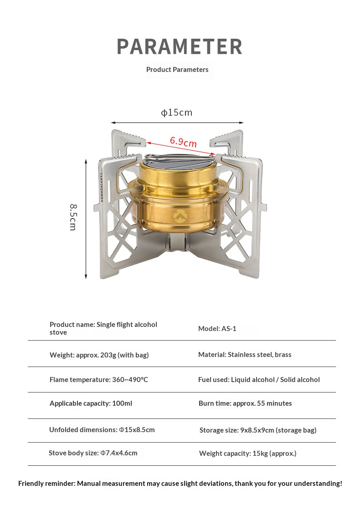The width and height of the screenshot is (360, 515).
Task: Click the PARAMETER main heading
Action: tap(180, 46)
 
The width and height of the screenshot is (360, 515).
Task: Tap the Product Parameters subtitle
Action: tap(177, 70)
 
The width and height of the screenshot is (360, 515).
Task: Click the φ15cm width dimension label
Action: tap(176, 112)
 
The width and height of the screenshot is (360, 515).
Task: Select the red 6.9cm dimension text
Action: tap(183, 142)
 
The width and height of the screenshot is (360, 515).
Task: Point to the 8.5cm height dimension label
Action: tap(73, 217)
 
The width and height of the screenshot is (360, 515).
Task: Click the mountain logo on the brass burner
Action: tap(180, 216)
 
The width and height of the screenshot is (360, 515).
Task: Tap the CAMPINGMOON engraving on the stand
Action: tap(101, 187)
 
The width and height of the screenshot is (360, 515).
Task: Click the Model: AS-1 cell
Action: tap(217, 328)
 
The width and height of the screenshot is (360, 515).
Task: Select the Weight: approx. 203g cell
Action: tap(99, 355)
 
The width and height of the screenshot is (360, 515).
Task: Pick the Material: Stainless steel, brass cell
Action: tap(245, 354)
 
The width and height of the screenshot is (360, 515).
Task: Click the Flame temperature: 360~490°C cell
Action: tap(98, 380)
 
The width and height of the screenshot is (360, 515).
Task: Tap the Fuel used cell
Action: tap(259, 380)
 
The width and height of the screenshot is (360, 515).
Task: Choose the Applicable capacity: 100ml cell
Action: tap(91, 403)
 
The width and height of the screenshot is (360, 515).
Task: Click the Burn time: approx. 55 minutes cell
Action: tap(245, 403)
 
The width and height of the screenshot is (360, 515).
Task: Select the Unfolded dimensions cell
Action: tap(102, 429)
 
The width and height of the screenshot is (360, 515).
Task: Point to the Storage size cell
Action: tap(258, 430)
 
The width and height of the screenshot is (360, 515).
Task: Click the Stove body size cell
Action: tap(93, 453)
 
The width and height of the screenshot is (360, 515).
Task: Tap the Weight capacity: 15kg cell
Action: tap(247, 453)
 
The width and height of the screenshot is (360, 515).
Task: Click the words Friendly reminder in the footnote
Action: tap(46, 484)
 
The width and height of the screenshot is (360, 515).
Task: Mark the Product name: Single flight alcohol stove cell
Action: tap(103, 328)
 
